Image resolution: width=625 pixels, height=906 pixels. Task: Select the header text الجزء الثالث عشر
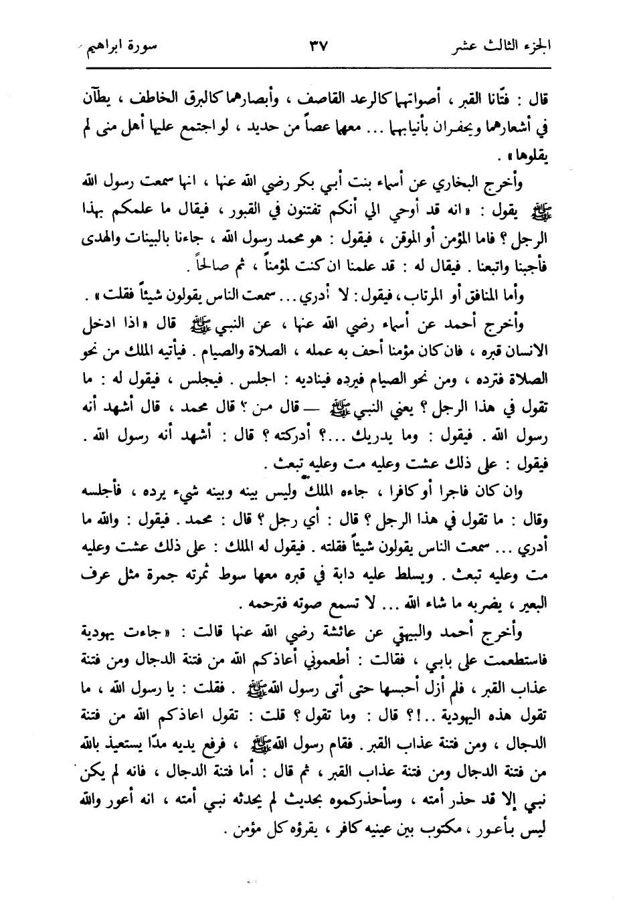pos(497,49)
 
